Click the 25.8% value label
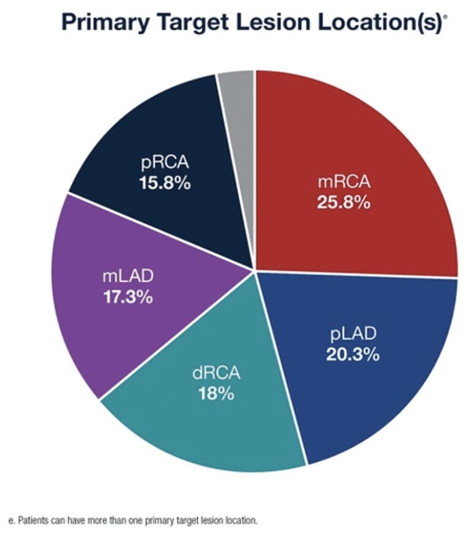(x=343, y=202)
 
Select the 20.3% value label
(x=353, y=354)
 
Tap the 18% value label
(x=216, y=393)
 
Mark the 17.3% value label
(x=128, y=298)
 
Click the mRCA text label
(x=343, y=182)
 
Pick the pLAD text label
(x=353, y=334)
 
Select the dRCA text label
(x=216, y=372)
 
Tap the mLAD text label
(x=128, y=277)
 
